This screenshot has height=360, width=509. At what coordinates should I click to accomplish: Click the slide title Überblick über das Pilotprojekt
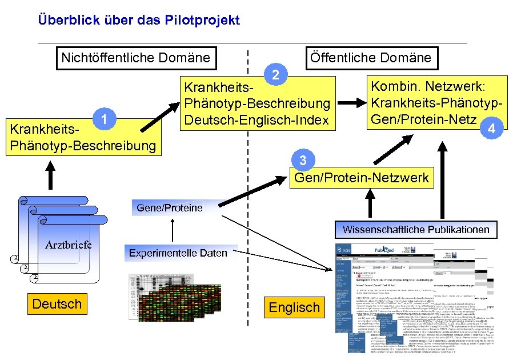point(139,21)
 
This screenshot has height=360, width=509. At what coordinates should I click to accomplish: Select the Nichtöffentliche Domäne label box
point(135,58)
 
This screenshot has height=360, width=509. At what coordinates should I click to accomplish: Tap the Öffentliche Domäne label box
point(370,58)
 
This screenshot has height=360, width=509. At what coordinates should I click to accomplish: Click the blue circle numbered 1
point(101,118)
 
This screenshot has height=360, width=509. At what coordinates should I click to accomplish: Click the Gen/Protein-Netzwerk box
point(361,178)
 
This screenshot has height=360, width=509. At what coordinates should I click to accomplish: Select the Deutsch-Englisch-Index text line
point(256,121)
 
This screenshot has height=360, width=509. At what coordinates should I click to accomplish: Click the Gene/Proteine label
point(170,207)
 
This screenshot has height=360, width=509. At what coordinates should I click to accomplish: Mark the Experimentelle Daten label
point(178,253)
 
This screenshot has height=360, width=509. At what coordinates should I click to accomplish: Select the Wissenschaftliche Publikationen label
point(416,229)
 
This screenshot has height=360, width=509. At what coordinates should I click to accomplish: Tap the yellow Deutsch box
point(57,303)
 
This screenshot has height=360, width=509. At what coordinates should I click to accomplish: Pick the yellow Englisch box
point(294,307)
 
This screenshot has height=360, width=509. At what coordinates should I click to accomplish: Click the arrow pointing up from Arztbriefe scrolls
point(50,175)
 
